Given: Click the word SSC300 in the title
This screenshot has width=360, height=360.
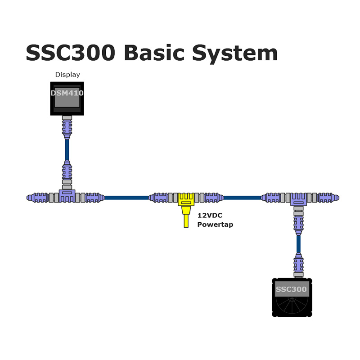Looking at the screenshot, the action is pyautogui.click(x=71, y=53).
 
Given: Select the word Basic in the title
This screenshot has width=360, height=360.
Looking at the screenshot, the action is pyautogui.click(x=154, y=53).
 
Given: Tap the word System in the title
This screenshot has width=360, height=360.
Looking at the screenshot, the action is pyautogui.click(x=235, y=54).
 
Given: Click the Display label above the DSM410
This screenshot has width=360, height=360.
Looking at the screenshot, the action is pyautogui.click(x=67, y=75).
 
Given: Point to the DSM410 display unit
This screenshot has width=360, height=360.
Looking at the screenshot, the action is pyautogui.click(x=67, y=99).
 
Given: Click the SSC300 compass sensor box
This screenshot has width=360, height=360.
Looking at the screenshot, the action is pyautogui.click(x=292, y=297).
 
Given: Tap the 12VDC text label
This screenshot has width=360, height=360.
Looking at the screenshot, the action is pyautogui.click(x=210, y=216).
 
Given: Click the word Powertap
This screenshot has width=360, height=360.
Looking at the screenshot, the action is pyautogui.click(x=215, y=224).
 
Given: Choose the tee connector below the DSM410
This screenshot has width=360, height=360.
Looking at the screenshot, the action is pyautogui.click(x=67, y=196).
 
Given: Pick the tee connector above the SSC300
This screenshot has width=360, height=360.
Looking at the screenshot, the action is pyautogui.click(x=298, y=199).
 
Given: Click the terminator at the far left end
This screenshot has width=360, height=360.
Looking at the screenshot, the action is pyautogui.click(x=37, y=198).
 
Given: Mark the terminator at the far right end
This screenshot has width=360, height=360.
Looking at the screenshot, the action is pyautogui.click(x=328, y=198).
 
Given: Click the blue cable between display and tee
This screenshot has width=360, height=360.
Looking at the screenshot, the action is pyautogui.click(x=67, y=150).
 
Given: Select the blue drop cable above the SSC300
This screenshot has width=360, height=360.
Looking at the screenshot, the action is pyautogui.click(x=298, y=244).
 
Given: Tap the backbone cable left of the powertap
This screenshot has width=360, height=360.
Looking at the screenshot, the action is pyautogui.click(x=126, y=198).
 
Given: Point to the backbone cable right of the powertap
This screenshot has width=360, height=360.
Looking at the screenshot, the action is pyautogui.click(x=242, y=198).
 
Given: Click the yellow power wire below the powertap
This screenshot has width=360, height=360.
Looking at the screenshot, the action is pyautogui.click(x=186, y=220).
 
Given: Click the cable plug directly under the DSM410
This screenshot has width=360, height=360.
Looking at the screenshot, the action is pyautogui.click(x=67, y=127).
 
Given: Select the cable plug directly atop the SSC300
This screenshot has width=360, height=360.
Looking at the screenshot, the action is pyautogui.click(x=298, y=265).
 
